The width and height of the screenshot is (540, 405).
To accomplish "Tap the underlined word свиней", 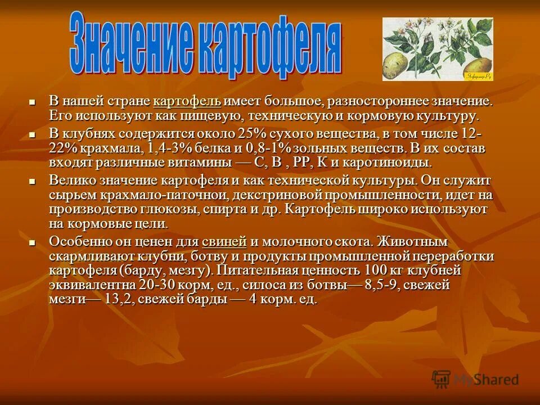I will coord(224,242).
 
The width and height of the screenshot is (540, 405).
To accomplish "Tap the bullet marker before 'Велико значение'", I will coord(32,181).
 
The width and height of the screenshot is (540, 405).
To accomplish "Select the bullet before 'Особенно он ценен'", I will coord(32,242).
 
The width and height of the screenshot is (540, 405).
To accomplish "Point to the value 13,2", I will coord(118,299).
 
